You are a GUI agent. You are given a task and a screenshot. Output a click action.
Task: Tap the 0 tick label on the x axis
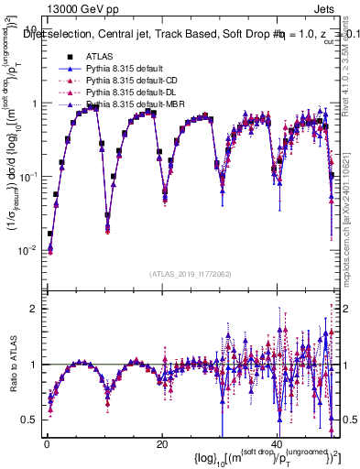pos(46,444)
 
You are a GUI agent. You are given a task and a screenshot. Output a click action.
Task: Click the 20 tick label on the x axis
pos(161,444)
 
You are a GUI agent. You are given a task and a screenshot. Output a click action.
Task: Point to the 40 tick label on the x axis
pos(277,444)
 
